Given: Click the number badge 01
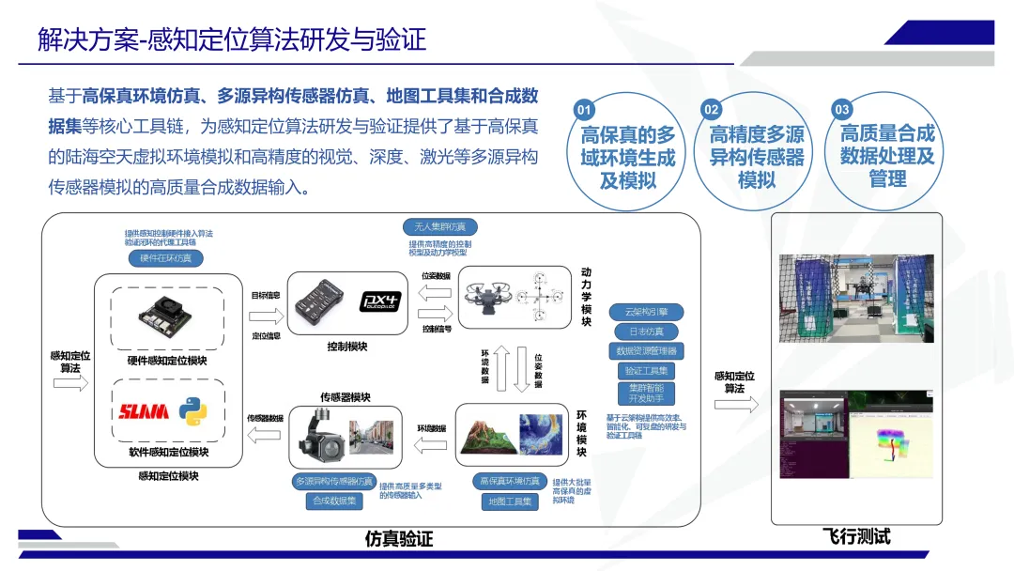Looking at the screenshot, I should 584,110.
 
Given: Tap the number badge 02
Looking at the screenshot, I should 713,110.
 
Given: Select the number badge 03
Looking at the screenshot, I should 842,110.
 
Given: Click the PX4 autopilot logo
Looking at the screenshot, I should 380,301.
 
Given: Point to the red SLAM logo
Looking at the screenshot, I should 143,411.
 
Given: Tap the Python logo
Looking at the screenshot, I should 193,411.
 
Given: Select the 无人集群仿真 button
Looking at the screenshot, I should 439,227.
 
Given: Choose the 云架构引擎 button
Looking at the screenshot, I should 646,312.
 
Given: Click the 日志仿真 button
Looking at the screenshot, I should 646,332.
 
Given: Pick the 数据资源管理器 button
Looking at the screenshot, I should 646,351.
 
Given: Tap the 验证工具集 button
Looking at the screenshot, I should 646,371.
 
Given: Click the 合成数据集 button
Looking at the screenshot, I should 334,502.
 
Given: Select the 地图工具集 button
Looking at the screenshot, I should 510,502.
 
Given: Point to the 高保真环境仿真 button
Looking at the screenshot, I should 510,481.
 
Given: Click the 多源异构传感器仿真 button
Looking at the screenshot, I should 334,481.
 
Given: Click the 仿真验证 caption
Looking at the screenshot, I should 399,539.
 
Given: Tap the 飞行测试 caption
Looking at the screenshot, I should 856,537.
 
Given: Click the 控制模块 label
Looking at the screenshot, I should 347,347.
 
